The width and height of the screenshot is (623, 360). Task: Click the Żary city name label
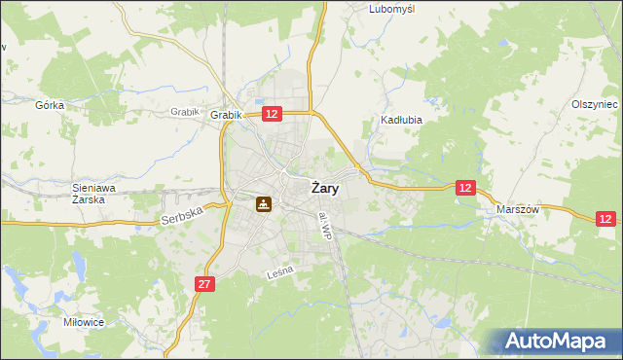pyautogui.click(x=325, y=190)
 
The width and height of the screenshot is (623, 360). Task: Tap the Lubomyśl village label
pyautogui.click(x=392, y=9)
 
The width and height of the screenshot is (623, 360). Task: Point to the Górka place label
pyautogui.click(x=49, y=104)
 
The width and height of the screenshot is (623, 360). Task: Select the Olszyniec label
pyautogui.click(x=595, y=104)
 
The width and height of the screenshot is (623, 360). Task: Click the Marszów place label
pyautogui.click(x=518, y=209)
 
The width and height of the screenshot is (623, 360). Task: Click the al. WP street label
pyautogui.click(x=329, y=227)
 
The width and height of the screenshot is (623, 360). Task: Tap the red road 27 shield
pyautogui.click(x=203, y=284)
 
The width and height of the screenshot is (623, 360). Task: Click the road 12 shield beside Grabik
pyautogui.click(x=272, y=114)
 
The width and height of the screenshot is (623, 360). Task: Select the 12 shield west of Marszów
pyautogui.click(x=466, y=188)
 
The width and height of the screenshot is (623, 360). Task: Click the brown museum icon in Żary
pyautogui.click(x=264, y=204)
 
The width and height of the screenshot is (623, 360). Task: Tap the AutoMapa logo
pyautogui.click(x=556, y=342)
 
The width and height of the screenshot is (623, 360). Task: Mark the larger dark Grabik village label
pyautogui.click(x=225, y=115)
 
